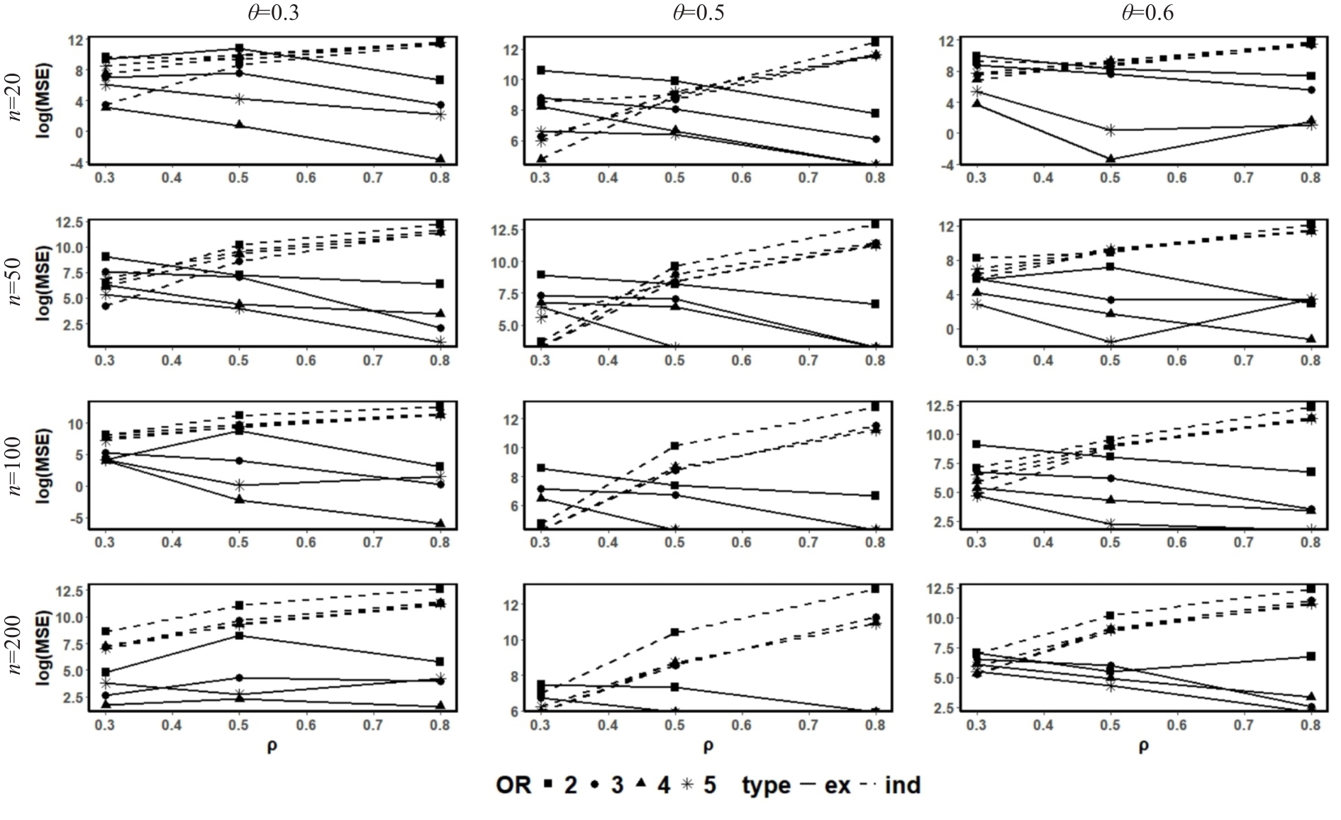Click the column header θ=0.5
click(x=699, y=13)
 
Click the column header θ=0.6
click(x=1147, y=13)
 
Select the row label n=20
click(x=16, y=99)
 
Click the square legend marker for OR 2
click(x=548, y=784)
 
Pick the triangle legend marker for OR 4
click(x=640, y=783)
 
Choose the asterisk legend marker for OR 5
click(x=686, y=784)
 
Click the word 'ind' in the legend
click(x=902, y=785)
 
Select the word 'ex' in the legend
click(x=837, y=785)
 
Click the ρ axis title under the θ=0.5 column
click(x=708, y=746)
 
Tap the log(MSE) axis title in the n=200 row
click(x=44, y=646)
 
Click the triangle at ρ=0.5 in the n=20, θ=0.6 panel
click(x=1111, y=159)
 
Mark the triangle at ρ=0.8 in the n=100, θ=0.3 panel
click(x=440, y=523)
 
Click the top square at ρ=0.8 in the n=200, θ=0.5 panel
click(x=876, y=588)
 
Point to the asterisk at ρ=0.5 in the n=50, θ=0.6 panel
click(x=1111, y=342)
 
